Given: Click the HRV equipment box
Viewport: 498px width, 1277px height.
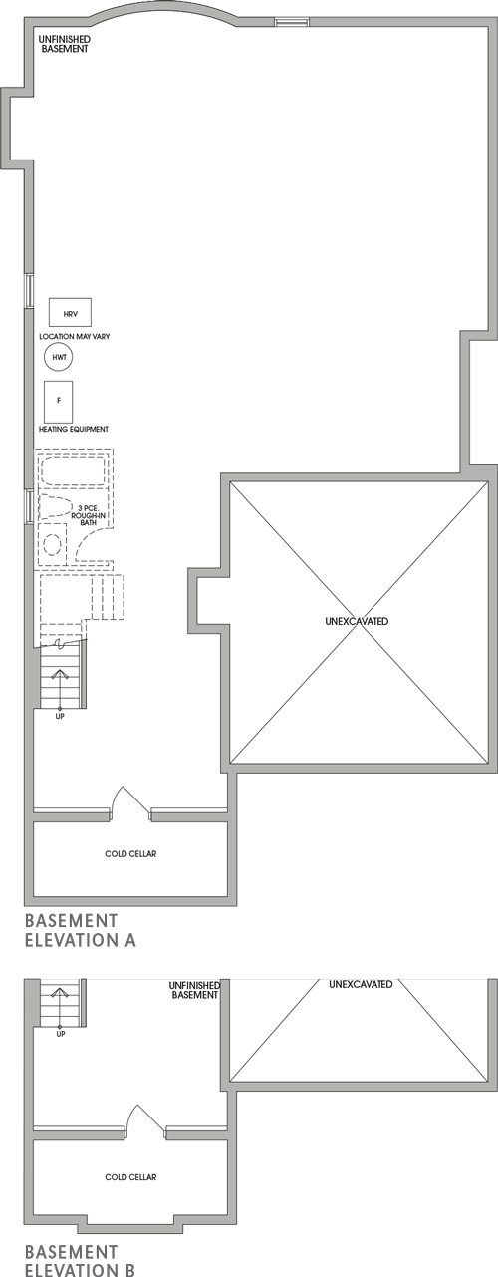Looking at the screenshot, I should (70, 313).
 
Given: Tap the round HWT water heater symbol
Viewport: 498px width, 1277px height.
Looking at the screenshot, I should (59, 356).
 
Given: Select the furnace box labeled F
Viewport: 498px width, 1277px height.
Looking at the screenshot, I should (58, 400).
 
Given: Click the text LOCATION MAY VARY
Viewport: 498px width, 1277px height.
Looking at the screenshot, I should (74, 337).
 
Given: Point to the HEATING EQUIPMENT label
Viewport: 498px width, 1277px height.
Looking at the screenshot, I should (74, 429).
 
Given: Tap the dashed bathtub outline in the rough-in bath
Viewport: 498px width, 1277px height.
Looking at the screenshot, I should (73, 470).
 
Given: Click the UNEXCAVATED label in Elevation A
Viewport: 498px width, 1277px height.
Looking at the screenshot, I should (357, 622).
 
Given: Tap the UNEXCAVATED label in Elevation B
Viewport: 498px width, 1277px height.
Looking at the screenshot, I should (361, 985).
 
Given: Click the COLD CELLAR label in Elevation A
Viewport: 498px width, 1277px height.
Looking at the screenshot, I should (130, 854).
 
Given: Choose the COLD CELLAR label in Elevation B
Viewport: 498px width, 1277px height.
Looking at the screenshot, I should (130, 1177).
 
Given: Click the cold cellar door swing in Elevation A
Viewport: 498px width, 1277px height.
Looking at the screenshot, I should (130, 803).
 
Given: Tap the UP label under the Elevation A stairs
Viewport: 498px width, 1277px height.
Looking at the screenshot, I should (60, 716).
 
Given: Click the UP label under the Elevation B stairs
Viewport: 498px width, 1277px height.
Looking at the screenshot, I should (60, 1034).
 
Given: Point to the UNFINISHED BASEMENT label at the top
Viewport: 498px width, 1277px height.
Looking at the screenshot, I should (64, 43).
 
